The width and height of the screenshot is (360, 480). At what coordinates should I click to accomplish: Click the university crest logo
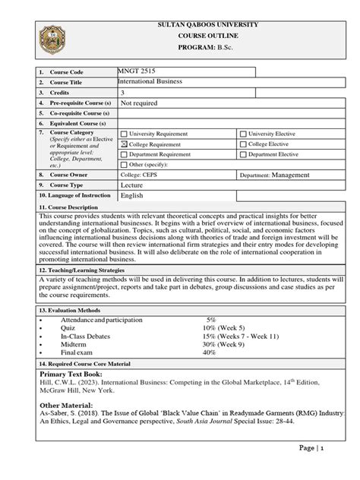point(58,39)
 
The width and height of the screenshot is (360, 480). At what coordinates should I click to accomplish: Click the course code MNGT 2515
point(137,71)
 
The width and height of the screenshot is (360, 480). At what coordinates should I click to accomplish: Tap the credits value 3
point(123,92)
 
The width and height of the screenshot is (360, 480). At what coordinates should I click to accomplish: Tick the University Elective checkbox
point(243,134)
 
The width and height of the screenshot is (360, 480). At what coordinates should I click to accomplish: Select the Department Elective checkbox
point(243,154)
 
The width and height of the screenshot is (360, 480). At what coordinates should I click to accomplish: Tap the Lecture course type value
point(132,185)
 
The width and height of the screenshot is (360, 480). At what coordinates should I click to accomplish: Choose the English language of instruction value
point(132,195)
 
